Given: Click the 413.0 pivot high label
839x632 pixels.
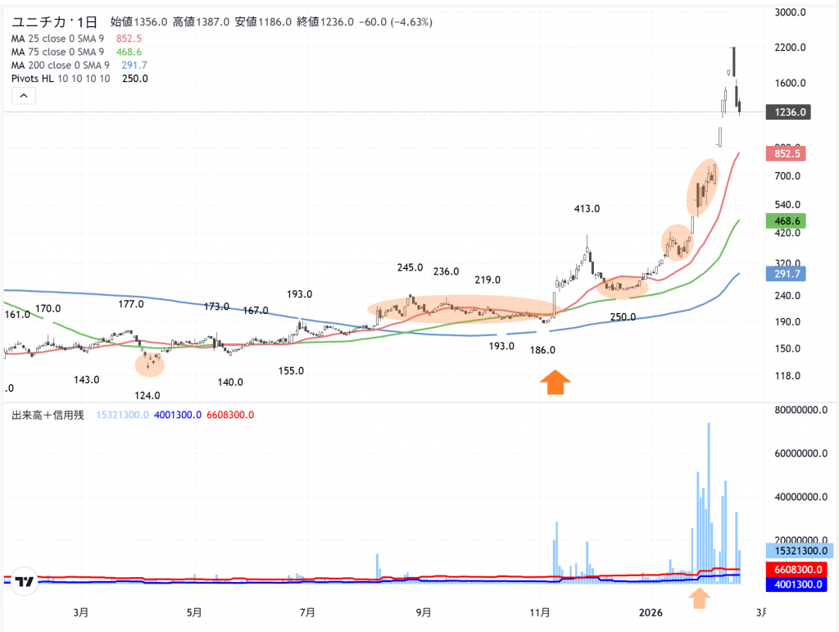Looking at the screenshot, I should pyautogui.click(x=587, y=209).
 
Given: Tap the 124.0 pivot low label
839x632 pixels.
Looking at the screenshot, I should pyautogui.click(x=147, y=395).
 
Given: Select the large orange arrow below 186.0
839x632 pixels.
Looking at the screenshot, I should pyautogui.click(x=555, y=383).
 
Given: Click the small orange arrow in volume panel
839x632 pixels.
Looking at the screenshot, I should pyautogui.click(x=700, y=598).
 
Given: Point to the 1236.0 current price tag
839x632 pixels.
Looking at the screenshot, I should pyautogui.click(x=787, y=112).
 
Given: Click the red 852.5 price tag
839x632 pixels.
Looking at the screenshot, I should pyautogui.click(x=786, y=153).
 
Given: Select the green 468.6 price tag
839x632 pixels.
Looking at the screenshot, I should pyautogui.click(x=786, y=221).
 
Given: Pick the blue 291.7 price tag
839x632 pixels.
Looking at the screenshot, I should pyautogui.click(x=786, y=274).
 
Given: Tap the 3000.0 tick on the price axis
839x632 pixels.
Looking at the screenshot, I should pyautogui.click(x=791, y=12).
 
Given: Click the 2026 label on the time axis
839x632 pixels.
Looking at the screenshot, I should pyautogui.click(x=651, y=612).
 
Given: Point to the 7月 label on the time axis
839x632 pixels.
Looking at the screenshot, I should pyautogui.click(x=307, y=612).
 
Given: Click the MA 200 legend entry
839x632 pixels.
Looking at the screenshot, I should pyautogui.click(x=61, y=65).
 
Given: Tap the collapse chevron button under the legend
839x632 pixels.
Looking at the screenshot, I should pyautogui.click(x=24, y=96).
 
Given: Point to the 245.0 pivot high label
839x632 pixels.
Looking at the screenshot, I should pyautogui.click(x=410, y=267).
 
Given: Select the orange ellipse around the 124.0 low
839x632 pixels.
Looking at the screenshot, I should pyautogui.click(x=149, y=361).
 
